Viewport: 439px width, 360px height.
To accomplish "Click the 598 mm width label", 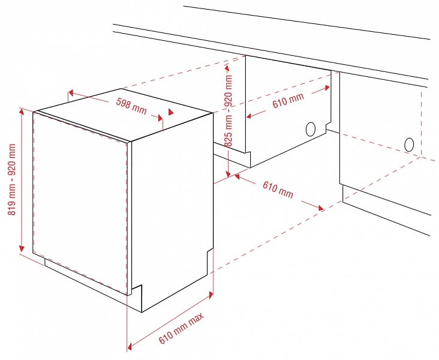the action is point(131,106).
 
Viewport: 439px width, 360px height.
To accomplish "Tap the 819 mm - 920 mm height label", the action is point(12,179).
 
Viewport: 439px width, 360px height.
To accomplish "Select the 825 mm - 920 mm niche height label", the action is point(228,110).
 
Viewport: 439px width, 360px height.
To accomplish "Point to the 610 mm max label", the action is point(182,328).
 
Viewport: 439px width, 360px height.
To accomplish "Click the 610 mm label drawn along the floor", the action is point(278,190).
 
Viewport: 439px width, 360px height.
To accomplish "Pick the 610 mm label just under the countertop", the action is point(288,100).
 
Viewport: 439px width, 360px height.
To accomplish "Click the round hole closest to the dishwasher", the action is point(311,129).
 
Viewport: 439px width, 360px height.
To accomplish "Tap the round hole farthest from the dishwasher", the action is point(409,145).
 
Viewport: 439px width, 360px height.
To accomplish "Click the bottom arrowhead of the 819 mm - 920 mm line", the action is point(22,248).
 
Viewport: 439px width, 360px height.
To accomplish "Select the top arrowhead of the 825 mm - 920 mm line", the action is point(227,68).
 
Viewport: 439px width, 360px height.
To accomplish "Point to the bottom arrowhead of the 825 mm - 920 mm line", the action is point(228,173).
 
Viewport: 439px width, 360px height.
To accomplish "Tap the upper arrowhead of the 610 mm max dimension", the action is point(211,295).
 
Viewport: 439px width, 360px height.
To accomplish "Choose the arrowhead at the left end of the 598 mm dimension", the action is point(71,92).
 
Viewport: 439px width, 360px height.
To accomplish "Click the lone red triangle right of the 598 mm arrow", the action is point(170,112).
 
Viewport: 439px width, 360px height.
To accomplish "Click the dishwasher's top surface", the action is point(125,113).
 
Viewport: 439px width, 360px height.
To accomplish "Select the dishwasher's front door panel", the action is point(81,203).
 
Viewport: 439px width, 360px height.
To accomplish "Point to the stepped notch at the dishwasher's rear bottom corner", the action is point(210,260).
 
